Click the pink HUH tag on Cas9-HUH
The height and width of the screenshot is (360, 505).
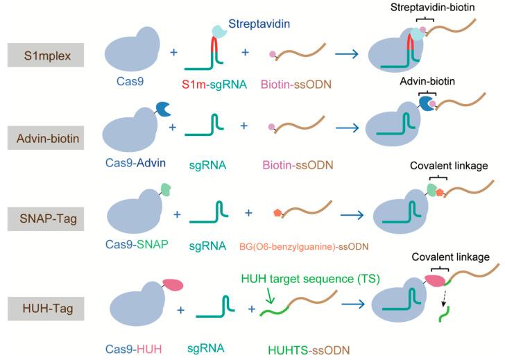tap(173, 284)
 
